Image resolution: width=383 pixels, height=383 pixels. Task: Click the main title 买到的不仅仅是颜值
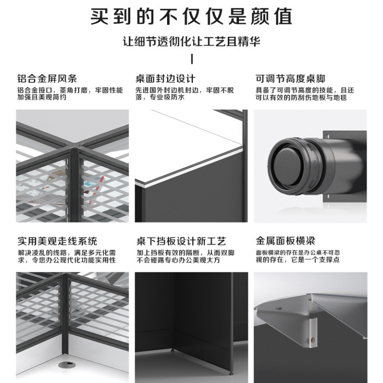coord(191,17)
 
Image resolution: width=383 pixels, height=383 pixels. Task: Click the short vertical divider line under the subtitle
coord(191,59)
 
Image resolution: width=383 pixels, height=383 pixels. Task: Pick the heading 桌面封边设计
coord(166,79)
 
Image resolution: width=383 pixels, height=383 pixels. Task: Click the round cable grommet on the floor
coord(65,365)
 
